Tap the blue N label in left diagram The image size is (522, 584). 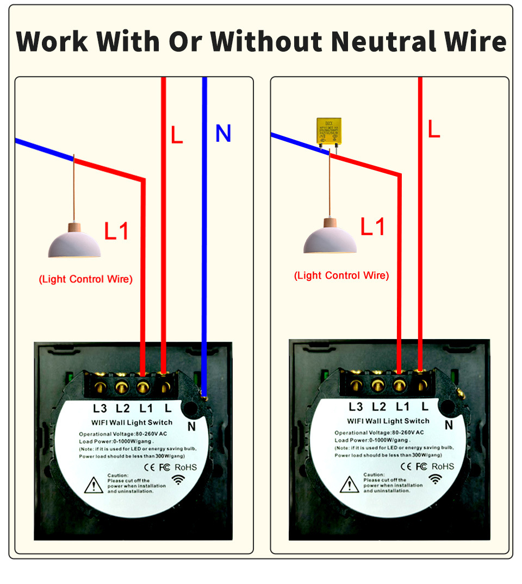click(x=223, y=134)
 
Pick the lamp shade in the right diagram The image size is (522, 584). click(x=330, y=241)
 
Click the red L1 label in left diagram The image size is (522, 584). click(x=117, y=231)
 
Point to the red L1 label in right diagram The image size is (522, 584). click(x=373, y=227)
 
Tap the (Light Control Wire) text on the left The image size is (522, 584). click(x=86, y=279)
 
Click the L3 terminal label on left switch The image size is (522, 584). click(x=100, y=408)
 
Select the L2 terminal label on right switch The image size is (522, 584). click(x=379, y=406)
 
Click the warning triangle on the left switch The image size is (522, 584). click(x=94, y=485)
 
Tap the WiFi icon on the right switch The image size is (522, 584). click(x=435, y=479)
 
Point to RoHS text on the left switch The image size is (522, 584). click(x=185, y=467)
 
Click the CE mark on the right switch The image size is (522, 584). click(x=406, y=466)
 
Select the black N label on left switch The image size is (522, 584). click(x=191, y=426)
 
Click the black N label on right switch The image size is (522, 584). click(x=449, y=425)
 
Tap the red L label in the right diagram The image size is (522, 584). click(x=434, y=129)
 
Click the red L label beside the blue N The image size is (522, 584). click(x=177, y=135)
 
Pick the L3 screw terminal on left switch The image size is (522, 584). click(x=101, y=387)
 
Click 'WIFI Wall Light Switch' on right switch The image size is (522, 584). click(x=388, y=421)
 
